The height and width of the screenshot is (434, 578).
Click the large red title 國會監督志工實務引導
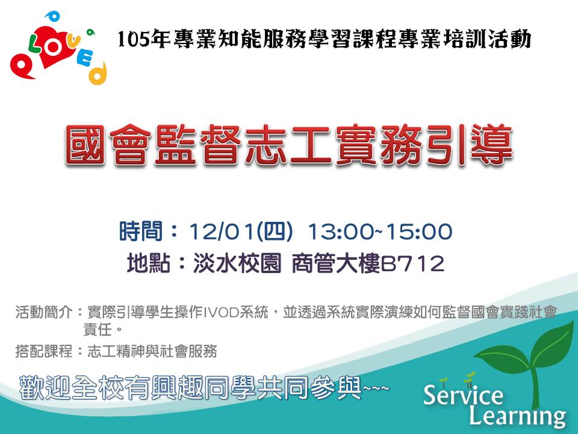pyautogui.click(x=289, y=145)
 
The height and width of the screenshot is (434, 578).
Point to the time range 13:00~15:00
pyautogui.click(x=380, y=231)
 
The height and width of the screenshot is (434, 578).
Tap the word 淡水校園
pyautogui.click(x=237, y=263)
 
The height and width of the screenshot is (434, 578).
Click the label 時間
pyautogui.click(x=141, y=231)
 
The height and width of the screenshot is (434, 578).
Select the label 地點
pyautogui.click(x=149, y=263)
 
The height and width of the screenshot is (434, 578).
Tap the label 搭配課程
pyautogui.click(x=44, y=351)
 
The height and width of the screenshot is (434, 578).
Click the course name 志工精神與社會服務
pyautogui.click(x=152, y=351)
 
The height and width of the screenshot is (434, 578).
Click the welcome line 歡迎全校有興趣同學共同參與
pyautogui.click(x=190, y=388)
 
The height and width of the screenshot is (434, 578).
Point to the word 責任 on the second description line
pyautogui.click(x=98, y=330)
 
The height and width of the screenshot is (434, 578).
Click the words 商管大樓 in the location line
pyautogui.click(x=335, y=263)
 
